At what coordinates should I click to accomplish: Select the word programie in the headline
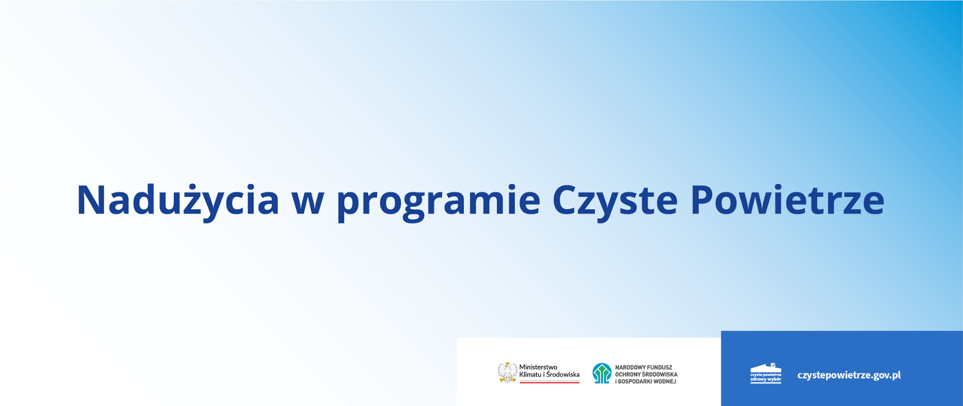(x=438, y=202)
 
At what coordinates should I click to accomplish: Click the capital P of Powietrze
(x=703, y=200)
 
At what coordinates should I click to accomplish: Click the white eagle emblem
(x=508, y=372)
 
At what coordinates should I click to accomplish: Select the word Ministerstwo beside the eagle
(x=538, y=367)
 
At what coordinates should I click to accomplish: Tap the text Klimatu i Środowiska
(x=549, y=374)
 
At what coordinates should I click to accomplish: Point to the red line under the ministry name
(x=549, y=382)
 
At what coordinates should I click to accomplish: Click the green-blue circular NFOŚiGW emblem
(x=602, y=373)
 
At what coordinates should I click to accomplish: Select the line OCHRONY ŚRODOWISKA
(x=647, y=374)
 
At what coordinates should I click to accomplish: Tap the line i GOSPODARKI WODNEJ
(x=646, y=381)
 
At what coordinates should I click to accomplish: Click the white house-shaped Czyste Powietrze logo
(x=766, y=373)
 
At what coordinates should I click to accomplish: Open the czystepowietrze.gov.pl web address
(x=849, y=375)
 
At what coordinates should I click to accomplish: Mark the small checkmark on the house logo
(x=773, y=365)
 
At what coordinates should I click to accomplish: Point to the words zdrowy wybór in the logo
(x=766, y=379)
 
